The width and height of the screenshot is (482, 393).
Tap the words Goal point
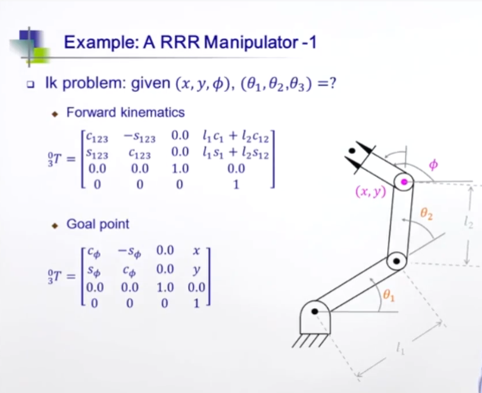pos(98,224)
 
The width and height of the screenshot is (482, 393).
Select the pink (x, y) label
pos(370,192)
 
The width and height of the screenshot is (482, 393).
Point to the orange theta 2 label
pos(426,212)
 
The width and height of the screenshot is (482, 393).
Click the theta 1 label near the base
pos(387,297)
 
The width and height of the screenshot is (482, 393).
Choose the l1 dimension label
pos(400,347)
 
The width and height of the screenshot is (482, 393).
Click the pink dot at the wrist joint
pos(404,182)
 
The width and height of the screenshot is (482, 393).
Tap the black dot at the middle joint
pos(397,264)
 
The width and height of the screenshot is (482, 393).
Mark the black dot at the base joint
pos(315,311)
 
